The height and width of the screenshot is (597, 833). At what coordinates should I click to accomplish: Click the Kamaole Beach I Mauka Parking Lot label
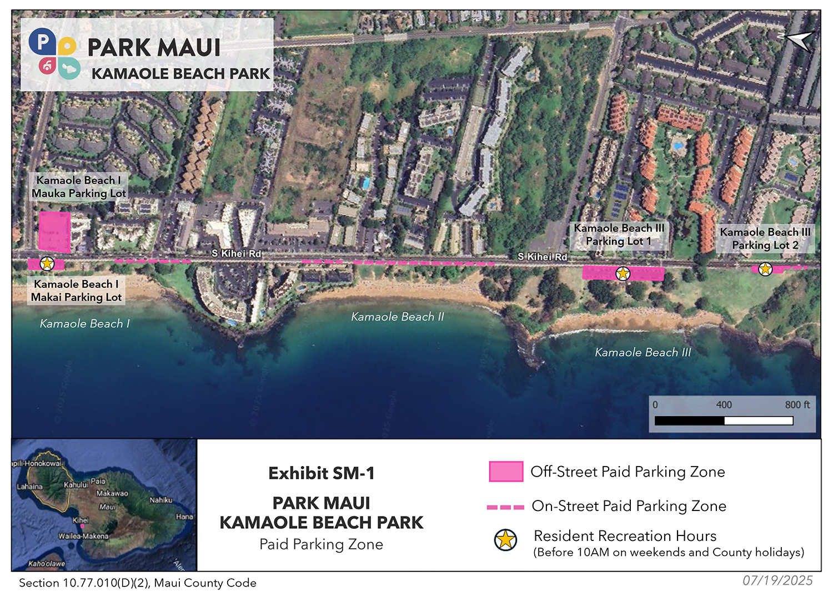point(78,186)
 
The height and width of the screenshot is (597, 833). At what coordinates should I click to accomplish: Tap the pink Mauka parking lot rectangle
point(54,231)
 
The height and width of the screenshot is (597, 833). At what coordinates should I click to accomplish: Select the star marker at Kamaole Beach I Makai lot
point(47,264)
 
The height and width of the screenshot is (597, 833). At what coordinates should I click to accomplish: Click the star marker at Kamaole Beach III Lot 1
point(623,273)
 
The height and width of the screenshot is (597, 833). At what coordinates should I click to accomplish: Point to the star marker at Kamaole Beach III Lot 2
point(765,269)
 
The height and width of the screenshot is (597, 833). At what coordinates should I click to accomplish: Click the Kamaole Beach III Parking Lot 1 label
point(619,235)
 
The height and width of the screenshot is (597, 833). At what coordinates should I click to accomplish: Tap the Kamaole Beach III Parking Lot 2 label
point(765,239)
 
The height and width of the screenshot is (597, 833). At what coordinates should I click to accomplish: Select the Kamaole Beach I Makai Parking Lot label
point(76,291)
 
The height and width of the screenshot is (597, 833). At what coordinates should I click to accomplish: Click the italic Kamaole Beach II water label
point(398,317)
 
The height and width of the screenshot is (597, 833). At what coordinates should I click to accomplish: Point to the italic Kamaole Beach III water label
point(643,352)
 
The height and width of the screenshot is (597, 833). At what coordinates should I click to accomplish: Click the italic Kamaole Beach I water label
point(84,323)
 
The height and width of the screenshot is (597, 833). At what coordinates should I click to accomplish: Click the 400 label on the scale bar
point(724,405)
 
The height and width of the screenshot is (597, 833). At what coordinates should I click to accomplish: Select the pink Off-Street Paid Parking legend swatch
point(505,472)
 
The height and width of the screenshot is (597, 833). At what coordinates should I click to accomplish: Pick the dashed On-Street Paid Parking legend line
point(505,507)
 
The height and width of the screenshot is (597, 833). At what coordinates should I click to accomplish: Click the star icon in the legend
point(505,539)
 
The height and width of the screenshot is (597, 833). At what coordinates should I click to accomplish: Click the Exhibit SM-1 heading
point(321,473)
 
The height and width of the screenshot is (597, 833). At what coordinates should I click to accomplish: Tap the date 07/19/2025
point(777,580)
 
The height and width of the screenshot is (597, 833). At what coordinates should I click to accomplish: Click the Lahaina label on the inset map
point(29,487)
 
